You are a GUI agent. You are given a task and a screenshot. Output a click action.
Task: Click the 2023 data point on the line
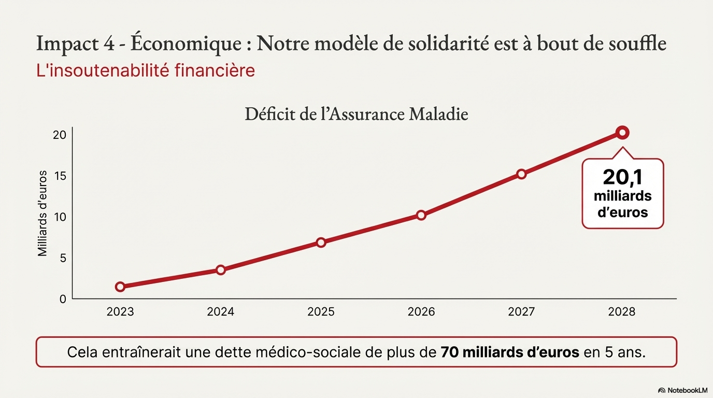(x=120, y=287)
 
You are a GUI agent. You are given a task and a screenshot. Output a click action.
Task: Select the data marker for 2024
(x=221, y=270)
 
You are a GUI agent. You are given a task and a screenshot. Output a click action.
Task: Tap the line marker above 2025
(x=321, y=243)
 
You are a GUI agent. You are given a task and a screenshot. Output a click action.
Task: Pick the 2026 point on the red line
(x=421, y=215)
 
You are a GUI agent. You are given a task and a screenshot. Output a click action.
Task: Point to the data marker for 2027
(x=521, y=174)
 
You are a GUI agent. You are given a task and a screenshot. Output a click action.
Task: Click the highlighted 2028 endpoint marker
(x=622, y=133)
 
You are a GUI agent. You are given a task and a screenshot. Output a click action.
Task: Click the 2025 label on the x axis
(x=321, y=312)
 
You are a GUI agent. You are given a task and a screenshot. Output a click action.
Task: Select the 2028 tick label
(x=622, y=312)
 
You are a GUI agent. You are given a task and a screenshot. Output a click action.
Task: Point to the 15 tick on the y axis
(x=60, y=176)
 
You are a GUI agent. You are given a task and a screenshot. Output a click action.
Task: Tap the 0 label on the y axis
(x=63, y=299)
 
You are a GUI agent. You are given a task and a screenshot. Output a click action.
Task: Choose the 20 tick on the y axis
(x=60, y=135)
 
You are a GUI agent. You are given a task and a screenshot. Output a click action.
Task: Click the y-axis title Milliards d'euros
(x=42, y=213)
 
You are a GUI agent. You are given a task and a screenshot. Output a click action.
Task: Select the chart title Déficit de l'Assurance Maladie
(x=356, y=114)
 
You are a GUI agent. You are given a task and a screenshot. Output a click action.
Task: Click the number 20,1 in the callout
(x=622, y=178)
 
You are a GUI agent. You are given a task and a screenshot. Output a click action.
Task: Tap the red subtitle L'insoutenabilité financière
(x=146, y=70)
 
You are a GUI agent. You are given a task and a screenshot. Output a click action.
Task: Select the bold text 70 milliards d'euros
(x=510, y=352)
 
